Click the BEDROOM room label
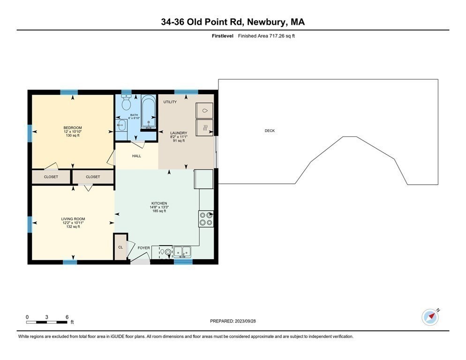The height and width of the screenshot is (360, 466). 73,128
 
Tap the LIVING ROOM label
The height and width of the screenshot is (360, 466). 73,219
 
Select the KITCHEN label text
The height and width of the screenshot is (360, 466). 159,203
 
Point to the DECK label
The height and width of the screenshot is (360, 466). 270,131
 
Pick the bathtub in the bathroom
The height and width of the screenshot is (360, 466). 149,112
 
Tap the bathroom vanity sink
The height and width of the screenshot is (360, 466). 121,125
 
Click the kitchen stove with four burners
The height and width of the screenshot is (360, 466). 206,219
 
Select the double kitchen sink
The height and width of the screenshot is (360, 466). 182,252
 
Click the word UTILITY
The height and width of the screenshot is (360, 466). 170,102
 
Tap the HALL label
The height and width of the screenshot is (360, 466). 136,156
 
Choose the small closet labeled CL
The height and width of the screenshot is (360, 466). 120,247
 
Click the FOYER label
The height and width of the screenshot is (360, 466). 143,248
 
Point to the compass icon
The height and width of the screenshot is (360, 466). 430,317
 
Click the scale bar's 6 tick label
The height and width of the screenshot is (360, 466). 67,317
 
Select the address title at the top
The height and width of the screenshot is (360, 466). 233,22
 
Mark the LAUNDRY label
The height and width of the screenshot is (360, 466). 179,133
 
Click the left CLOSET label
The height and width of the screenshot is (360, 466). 51,177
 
